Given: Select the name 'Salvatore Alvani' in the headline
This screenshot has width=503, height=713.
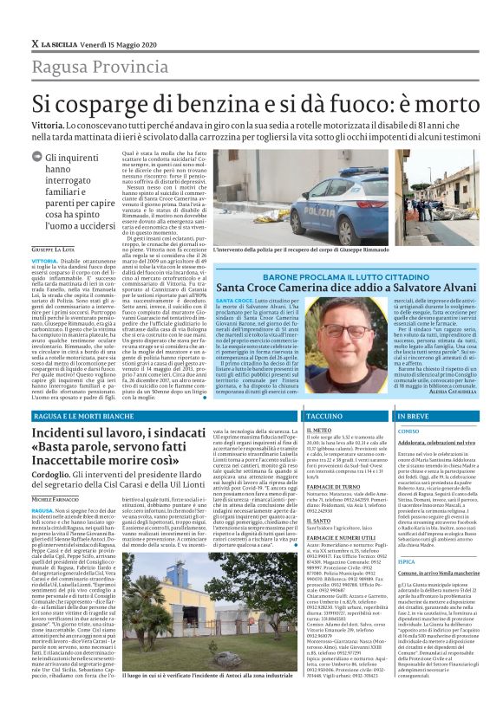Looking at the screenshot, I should (420, 287).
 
